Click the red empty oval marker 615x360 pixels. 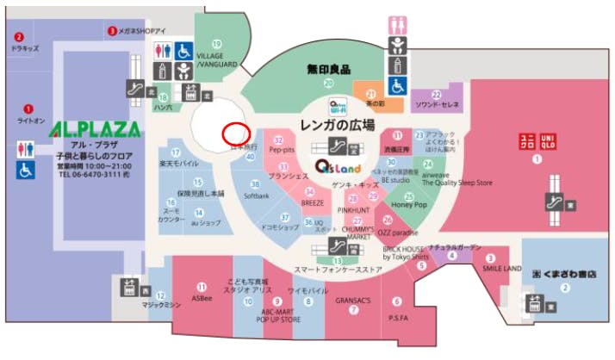(236, 134)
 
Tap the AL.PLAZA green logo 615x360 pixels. (94, 130)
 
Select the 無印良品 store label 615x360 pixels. (328, 68)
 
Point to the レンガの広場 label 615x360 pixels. (338, 126)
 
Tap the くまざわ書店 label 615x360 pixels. (565, 273)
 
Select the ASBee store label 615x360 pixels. (202, 300)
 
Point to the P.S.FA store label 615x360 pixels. (397, 316)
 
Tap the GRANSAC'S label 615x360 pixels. (353, 300)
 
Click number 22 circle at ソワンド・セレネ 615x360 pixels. (436, 95)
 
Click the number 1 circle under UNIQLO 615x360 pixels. (537, 159)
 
